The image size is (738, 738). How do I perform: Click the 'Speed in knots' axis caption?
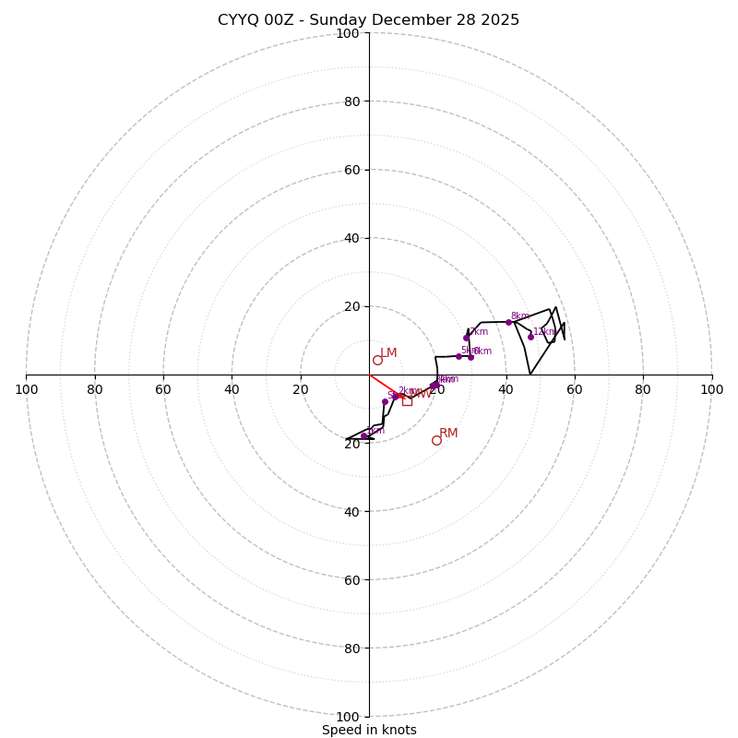pos(369,730)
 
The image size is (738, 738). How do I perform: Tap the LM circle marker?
pos(377,360)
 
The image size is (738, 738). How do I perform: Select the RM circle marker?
pos(436,440)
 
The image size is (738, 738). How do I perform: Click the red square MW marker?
pos(407,400)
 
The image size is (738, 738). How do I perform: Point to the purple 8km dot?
pos(508,322)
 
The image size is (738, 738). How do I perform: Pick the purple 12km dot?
pos(530,337)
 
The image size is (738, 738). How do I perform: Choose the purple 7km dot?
pos(466,338)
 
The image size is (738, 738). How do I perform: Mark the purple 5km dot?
pos(458,356)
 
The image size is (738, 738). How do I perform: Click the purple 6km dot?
pos(470,357)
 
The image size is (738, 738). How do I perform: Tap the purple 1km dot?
pos(363,435)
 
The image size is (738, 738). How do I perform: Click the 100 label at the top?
pos(348,33)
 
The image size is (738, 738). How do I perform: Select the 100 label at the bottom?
pos(348,717)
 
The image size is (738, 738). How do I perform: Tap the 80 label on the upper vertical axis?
pos(351,101)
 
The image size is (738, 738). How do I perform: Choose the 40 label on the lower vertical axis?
pos(351,512)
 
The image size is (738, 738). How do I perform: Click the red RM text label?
pos(448,434)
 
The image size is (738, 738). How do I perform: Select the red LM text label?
pos(388,353)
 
